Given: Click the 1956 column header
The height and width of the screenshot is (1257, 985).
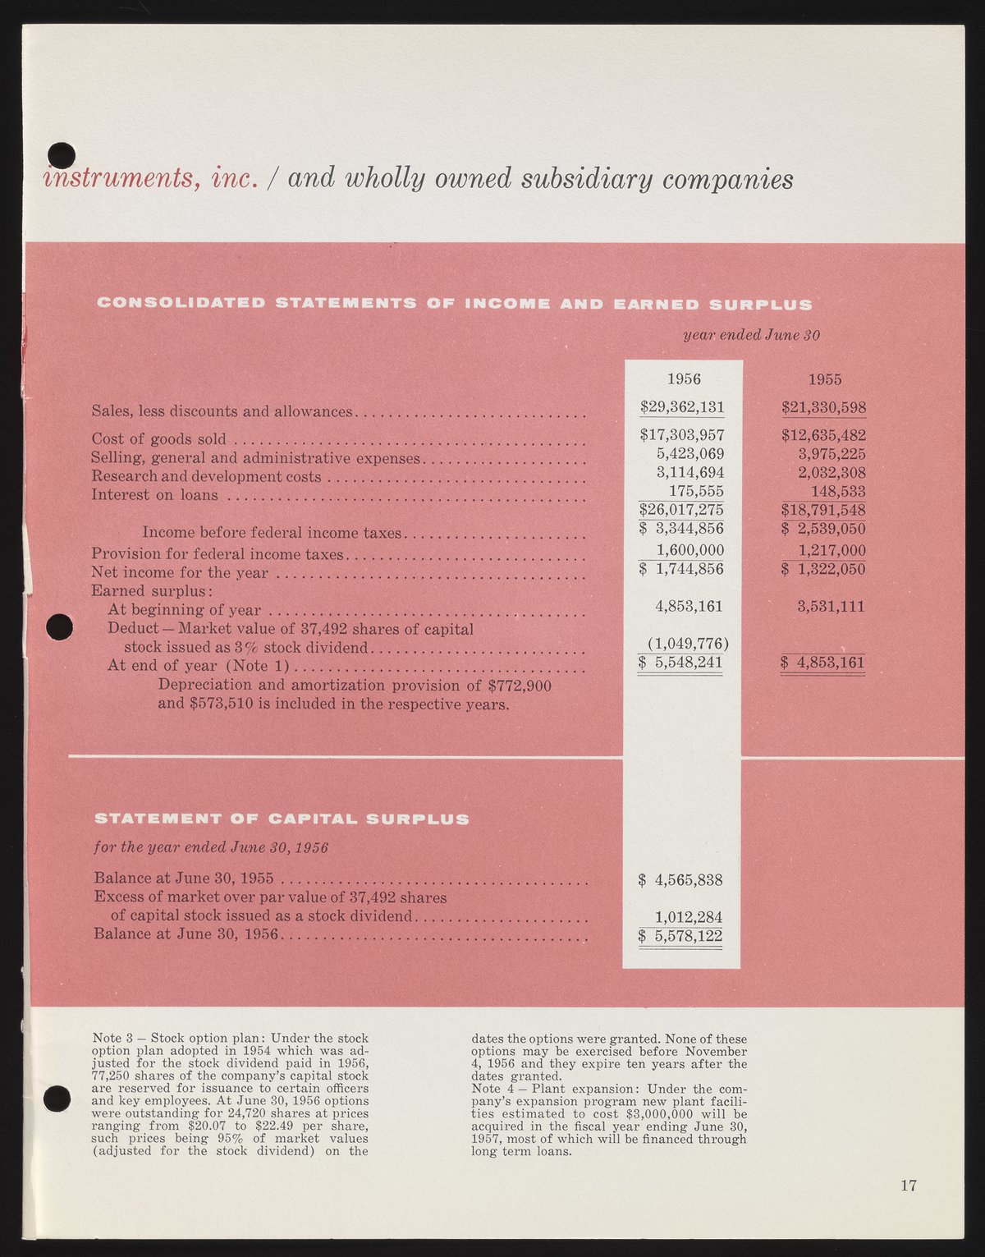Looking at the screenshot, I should point(684,379).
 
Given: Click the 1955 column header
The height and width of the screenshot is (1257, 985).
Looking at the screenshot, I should point(824,379).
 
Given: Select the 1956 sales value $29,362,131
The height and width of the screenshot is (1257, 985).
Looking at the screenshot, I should point(681,407).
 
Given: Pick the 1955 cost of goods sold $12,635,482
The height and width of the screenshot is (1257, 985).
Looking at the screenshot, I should point(823,435).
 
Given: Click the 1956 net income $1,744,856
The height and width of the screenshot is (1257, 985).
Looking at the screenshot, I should point(681,569).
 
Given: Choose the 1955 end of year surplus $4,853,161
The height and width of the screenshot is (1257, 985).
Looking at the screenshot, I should point(823,662).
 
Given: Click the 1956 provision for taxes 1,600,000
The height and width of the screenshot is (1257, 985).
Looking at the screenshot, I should point(690,550).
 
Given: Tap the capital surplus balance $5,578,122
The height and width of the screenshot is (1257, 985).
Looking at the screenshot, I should point(680,935).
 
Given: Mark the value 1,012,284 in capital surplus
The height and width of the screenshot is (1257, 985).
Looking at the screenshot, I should point(688,916).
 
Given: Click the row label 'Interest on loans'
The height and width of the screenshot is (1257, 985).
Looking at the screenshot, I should point(155,494).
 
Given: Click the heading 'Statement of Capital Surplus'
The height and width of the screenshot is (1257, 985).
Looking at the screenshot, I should point(282,819).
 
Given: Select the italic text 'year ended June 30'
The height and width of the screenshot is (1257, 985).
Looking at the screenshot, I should point(751,335).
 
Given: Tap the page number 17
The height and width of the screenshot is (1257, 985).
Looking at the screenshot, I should point(908,1185).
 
